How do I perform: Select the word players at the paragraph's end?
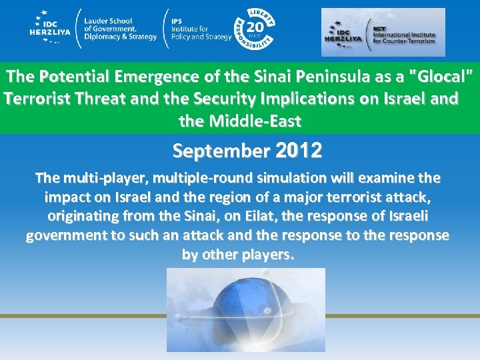click(x=267, y=255)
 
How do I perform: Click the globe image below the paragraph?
click(x=246, y=309)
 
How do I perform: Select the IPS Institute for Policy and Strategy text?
click(x=201, y=29)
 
